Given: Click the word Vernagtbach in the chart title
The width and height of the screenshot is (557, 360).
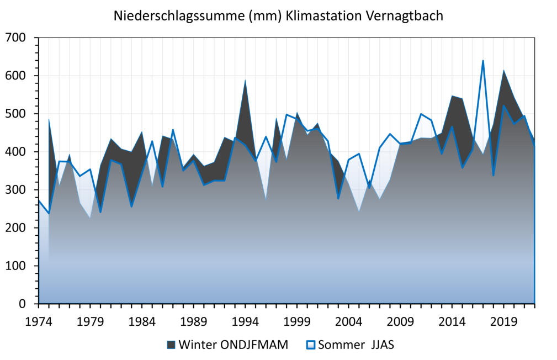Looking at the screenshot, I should pos(405,15).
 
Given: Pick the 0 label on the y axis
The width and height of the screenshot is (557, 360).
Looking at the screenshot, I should pos(23,304).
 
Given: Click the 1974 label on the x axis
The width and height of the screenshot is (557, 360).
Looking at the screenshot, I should pos(39,321).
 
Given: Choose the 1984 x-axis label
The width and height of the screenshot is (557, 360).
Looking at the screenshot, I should pos(142,321).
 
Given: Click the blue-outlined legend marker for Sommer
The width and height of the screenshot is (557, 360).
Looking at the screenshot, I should pos(311,345).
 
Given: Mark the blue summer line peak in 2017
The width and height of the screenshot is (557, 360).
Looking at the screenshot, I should pos(483,61).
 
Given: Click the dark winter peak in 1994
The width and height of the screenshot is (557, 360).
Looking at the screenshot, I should pos(245,81).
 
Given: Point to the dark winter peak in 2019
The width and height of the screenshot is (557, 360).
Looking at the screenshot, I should pos(503,71).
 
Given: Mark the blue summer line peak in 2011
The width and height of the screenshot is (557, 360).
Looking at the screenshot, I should pos(421,114).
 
